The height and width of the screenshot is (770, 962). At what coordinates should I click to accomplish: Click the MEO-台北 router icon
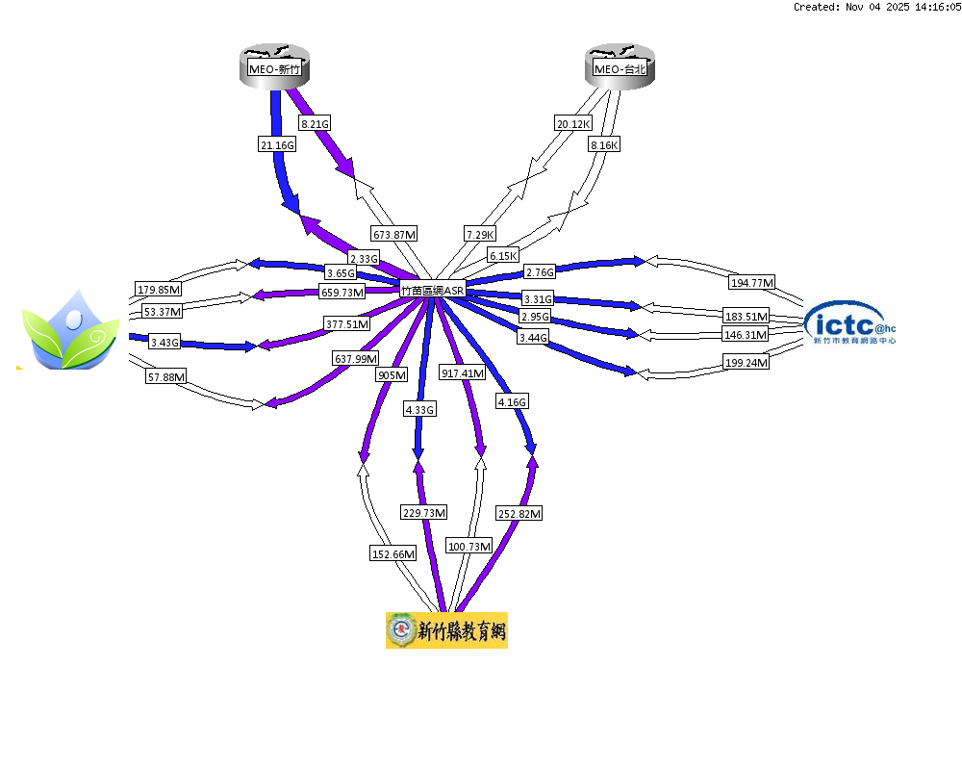coord(620,67)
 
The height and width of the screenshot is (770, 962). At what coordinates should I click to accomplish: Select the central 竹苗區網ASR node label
coord(432,289)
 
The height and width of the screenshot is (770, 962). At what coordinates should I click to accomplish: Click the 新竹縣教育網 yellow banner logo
coord(446,630)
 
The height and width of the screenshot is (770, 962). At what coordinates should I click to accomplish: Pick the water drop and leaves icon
coord(71,330)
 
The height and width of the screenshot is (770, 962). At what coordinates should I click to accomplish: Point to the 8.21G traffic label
coord(315,123)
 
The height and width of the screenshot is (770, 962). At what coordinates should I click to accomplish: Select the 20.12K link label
coord(573,123)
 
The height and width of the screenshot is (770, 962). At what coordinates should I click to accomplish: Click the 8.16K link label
coord(604,144)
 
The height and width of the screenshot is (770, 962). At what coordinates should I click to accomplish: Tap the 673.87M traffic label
coord(394,234)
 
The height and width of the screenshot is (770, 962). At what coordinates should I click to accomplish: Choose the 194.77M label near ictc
coord(752,282)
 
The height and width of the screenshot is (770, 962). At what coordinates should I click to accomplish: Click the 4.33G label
coord(420,409)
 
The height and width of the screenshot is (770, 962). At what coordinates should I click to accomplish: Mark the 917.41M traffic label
coord(463,372)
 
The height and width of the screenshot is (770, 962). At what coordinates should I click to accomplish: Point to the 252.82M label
coord(520,514)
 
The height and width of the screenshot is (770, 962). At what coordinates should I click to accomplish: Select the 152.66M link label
coord(393,553)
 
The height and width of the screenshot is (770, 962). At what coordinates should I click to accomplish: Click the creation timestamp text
coord(876,7)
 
